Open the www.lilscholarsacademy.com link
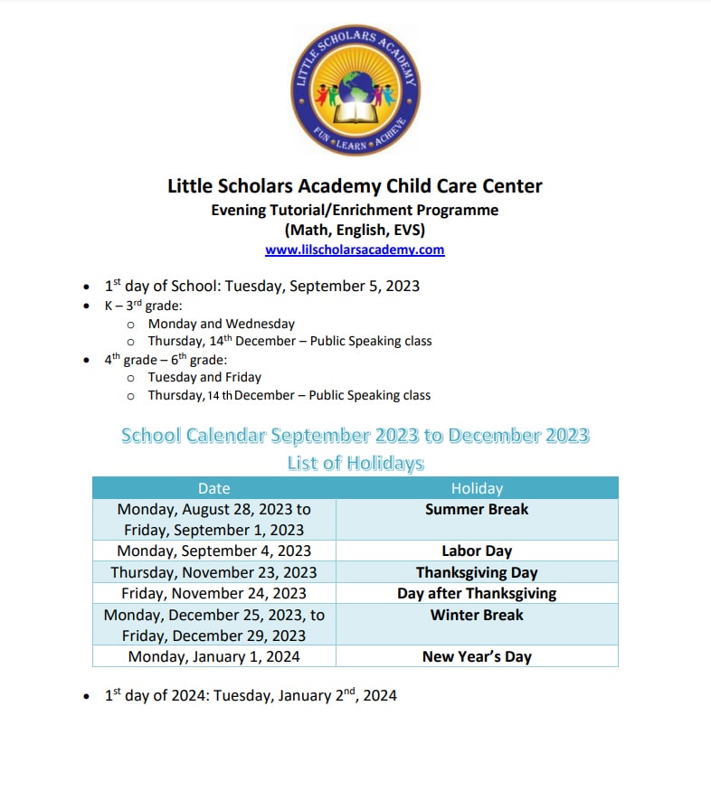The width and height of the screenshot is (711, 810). coord(355,250)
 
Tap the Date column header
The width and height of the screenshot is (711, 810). coord(213,488)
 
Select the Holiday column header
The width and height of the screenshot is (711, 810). coord(477,488)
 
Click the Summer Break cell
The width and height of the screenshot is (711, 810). coord(477,510)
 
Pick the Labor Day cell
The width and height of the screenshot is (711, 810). coord(477,551)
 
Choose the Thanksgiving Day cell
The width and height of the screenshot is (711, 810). coord(477,572)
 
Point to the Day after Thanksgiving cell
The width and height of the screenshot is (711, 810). coord(477,593)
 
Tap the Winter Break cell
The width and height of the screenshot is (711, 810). coord(477,615)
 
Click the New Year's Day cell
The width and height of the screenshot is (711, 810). coord(477,656)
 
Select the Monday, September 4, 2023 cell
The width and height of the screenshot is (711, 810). coord(213,551)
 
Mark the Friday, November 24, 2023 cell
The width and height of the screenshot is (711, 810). coord(213,593)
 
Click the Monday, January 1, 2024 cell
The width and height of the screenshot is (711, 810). coord(213,656)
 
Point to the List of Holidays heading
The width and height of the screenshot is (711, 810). coord(355,464)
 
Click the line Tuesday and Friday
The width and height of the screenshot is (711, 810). coord(204,377)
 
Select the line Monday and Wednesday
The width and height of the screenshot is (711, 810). coord(222,323)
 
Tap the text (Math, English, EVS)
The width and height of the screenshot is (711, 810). coord(355,230)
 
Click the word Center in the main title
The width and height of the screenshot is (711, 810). coord(510,187)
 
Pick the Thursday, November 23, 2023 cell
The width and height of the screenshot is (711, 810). coord(213,572)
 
